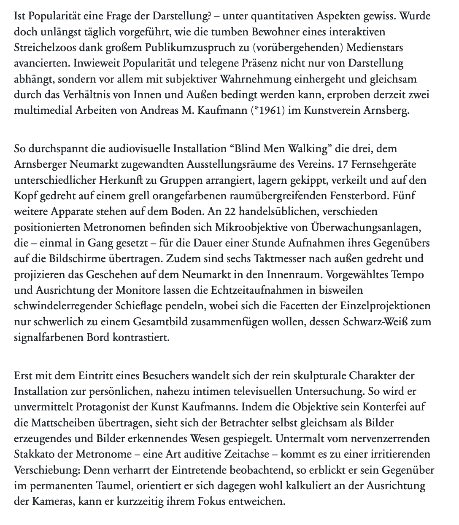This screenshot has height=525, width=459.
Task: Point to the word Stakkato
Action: point(38,454)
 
